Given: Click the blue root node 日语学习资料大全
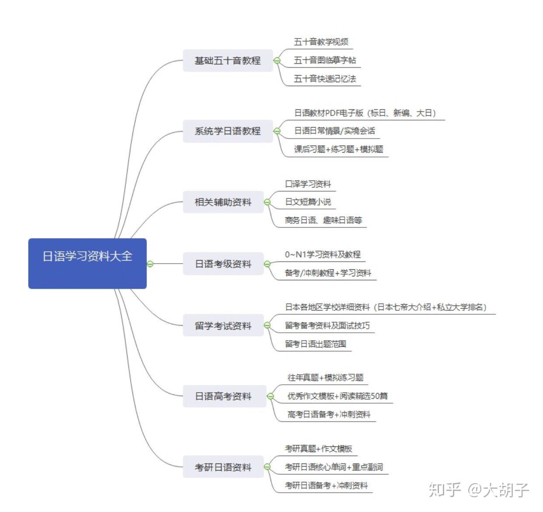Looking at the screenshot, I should [87, 263].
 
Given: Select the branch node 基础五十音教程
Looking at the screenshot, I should [227, 61].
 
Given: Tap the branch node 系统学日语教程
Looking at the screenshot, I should [227, 131].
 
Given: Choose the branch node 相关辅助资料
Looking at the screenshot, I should [223, 202].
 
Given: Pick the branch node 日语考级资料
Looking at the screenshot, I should [223, 264].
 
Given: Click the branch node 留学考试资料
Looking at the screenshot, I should [223, 326].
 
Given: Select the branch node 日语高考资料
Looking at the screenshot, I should [224, 397].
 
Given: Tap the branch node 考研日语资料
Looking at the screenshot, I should [223, 467].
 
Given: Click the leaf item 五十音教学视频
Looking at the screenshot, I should [321, 42].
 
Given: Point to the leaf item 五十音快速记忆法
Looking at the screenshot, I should [325, 79].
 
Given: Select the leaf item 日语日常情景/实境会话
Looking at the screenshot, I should [334, 131].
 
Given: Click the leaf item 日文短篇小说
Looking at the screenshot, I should [308, 202].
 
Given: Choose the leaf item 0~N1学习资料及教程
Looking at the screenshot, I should [323, 254].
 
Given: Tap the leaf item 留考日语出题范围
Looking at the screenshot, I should [315, 344].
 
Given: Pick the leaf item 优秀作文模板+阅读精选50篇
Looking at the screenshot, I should [337, 396].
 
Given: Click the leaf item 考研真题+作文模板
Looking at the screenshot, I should [318, 449].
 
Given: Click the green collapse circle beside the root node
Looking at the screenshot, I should [150, 264].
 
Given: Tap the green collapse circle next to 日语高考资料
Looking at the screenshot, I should [270, 396].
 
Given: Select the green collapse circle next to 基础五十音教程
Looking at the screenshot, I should [277, 60].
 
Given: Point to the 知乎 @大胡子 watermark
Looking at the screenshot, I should [479, 490].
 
